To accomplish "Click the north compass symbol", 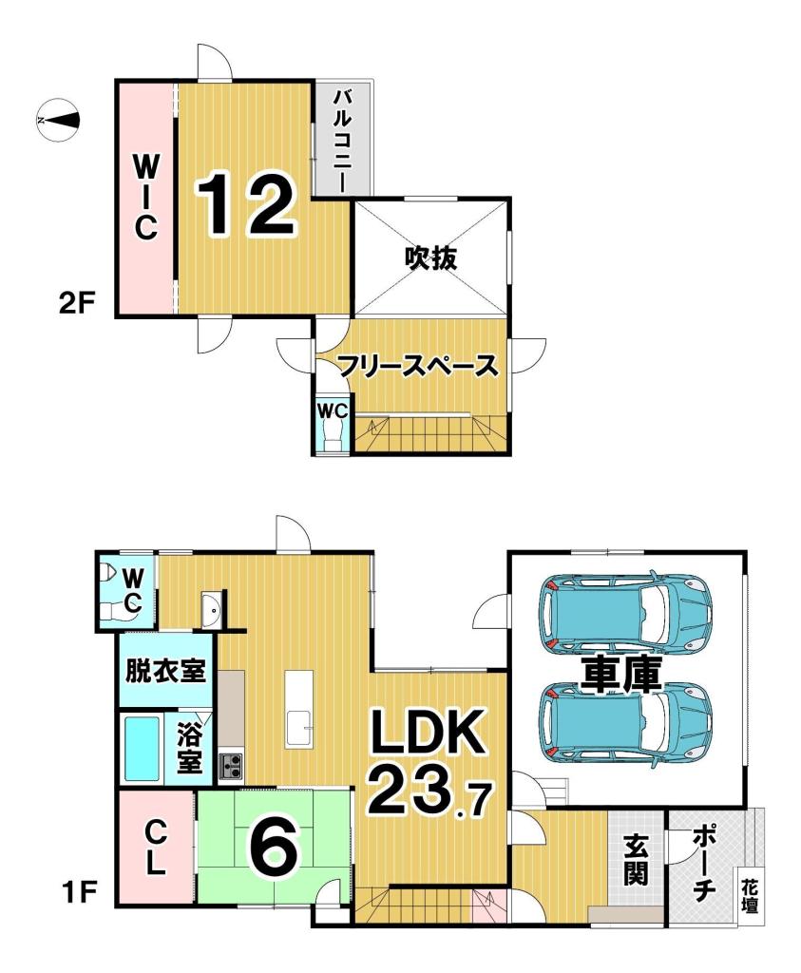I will coord(57,120).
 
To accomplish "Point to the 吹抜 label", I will coord(430,257).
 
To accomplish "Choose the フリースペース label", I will coord(417,366).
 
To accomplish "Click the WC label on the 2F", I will coord(333,411).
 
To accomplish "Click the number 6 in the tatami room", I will coord(275,846).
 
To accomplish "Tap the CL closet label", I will coord(157,848).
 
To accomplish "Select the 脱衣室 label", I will coord(166,672).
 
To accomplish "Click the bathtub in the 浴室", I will coord(142,748).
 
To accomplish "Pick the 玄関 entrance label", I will coord(635,859).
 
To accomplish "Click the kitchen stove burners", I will coord(231,765).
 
